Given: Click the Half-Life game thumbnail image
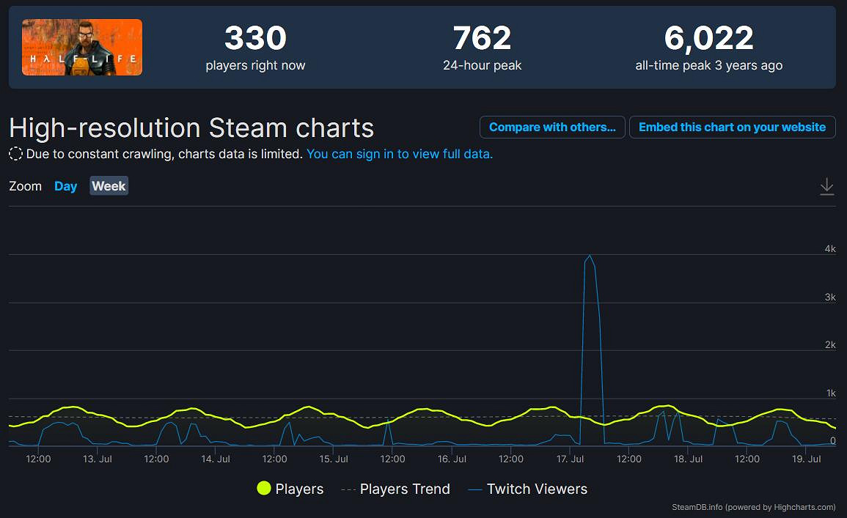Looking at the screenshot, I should click(x=82, y=48).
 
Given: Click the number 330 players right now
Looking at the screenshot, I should click(x=255, y=39).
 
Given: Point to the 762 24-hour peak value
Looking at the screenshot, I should click(x=482, y=39).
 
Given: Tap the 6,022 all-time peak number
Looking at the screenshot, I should click(x=708, y=39).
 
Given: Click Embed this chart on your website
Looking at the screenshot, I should click(x=732, y=127).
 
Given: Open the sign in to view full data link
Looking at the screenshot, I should click(x=400, y=154).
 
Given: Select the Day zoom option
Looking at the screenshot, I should click(x=65, y=186).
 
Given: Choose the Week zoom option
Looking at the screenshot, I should click(x=109, y=186).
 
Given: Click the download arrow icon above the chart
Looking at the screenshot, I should click(x=826, y=186).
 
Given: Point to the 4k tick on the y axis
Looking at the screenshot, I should click(x=830, y=249).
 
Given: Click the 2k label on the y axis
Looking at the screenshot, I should click(x=830, y=345).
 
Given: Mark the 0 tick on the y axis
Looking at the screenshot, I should click(x=832, y=440).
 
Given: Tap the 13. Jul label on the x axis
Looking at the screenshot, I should click(x=98, y=459).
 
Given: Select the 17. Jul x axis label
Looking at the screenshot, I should click(x=571, y=459).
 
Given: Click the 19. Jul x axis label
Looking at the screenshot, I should click(x=807, y=459).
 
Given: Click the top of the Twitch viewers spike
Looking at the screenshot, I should click(x=590, y=256).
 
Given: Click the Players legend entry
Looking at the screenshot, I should click(x=290, y=489).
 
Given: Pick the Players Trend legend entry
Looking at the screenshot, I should click(x=396, y=489).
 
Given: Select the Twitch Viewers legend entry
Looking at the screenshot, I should click(x=527, y=489).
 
